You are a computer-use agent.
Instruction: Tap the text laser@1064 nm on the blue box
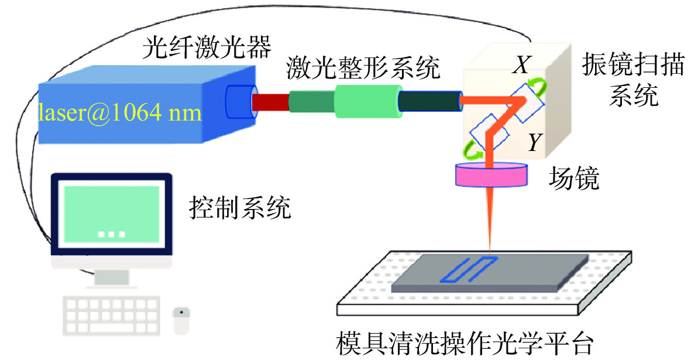pos(120,111)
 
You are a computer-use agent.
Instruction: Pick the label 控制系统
pos(239,208)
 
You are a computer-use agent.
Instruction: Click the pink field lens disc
pos(491,174)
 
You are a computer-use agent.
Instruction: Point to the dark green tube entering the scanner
pos(430,101)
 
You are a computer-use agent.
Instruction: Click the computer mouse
pos(181,321)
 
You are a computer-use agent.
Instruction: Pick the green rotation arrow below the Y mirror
pos(473,154)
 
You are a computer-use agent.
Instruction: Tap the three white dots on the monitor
pos(111,234)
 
